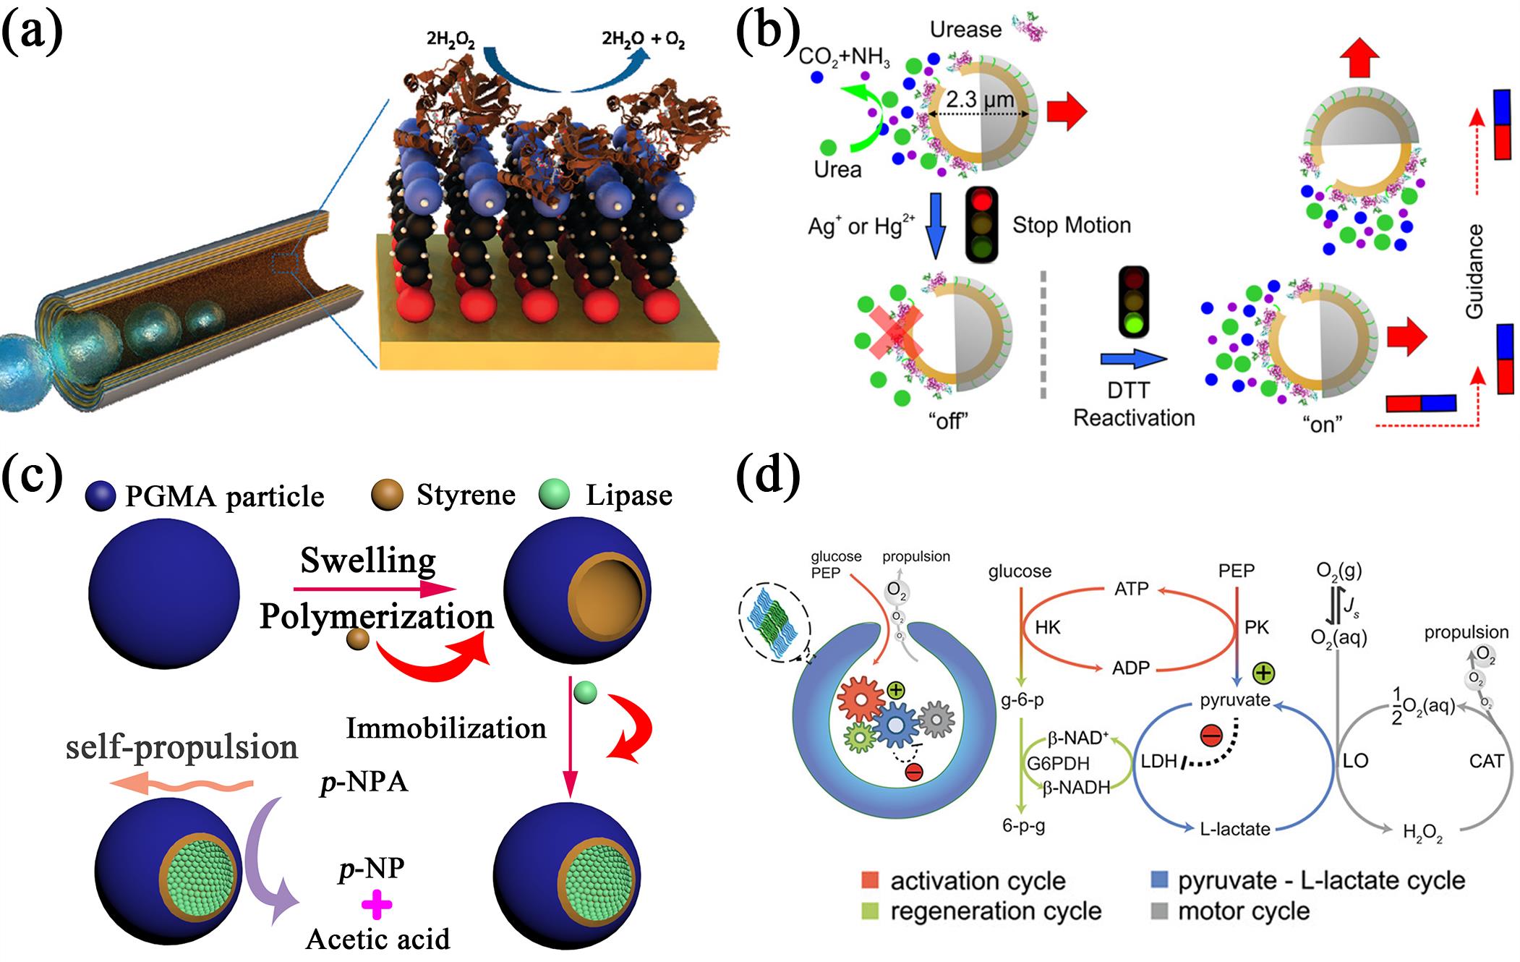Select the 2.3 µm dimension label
click(980, 99)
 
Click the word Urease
click(965, 30)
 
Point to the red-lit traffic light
click(981, 224)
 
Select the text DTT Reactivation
click(1133, 404)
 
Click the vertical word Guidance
click(1474, 271)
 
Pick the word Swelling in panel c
click(368, 561)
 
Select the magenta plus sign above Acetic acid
click(377, 904)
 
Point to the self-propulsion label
click(182, 747)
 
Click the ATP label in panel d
click(1132, 589)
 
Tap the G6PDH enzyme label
click(1058, 763)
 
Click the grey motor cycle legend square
click(1159, 911)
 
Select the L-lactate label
click(1234, 829)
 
